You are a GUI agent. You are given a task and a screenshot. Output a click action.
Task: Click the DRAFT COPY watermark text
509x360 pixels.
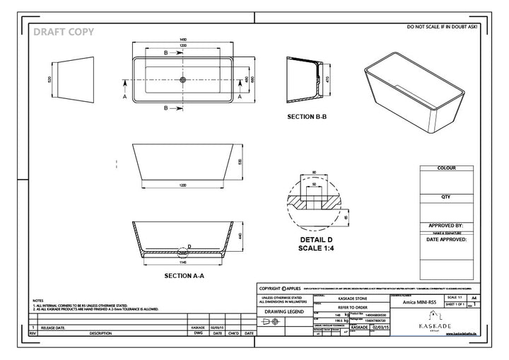click(64, 31)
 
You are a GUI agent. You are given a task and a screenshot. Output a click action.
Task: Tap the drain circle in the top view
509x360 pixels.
click(185, 79)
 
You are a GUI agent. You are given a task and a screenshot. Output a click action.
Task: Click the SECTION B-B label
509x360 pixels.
click(307, 116)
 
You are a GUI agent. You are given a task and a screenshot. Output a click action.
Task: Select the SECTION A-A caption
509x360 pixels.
click(185, 275)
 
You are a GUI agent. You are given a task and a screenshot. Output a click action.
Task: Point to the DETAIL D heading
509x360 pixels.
click(307, 240)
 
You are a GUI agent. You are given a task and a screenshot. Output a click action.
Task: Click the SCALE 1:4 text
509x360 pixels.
click(307, 248)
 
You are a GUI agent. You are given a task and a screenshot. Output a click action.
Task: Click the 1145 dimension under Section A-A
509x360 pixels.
click(184, 261)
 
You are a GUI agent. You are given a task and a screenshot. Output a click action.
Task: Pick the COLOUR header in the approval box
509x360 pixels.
click(446, 169)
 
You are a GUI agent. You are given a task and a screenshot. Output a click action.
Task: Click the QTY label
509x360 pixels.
click(446, 197)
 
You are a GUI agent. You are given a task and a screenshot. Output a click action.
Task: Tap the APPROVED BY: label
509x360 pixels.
click(446, 225)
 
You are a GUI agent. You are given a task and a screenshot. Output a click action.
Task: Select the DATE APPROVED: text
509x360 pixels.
click(446, 239)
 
